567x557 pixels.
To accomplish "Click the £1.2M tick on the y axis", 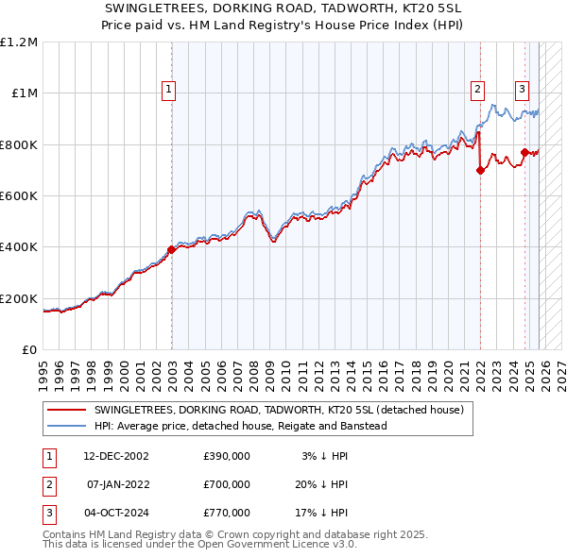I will click(19, 42).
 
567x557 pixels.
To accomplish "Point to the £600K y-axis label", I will click(19, 195).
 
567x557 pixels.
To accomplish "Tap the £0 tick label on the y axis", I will click(28, 349).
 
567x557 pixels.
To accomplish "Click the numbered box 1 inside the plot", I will click(168, 90).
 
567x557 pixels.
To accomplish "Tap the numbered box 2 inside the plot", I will click(477, 90).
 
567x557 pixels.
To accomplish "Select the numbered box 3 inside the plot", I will click(522, 90).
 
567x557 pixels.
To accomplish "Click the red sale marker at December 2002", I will click(172, 250).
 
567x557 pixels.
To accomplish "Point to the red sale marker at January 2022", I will click(480, 171).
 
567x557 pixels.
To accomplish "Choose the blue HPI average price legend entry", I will click(241, 426).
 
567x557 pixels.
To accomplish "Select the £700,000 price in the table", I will click(227, 484).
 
